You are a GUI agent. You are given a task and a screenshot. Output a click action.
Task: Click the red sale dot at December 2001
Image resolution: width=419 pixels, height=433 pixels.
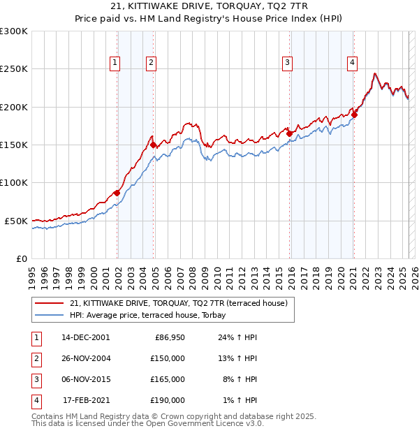117,193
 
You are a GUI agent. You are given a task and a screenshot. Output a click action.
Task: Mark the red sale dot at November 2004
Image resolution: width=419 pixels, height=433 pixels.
154,145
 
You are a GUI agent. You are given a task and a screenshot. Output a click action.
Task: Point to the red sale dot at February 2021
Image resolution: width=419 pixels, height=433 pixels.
354,115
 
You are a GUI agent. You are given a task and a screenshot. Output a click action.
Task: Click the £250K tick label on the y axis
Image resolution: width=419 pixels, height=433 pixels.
14,69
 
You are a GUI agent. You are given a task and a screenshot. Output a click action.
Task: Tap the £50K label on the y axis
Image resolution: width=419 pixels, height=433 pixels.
16,221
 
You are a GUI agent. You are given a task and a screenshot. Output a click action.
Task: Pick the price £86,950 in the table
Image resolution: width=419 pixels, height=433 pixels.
169,337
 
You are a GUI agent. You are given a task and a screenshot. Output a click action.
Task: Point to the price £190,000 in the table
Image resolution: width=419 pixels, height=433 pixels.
168,400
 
